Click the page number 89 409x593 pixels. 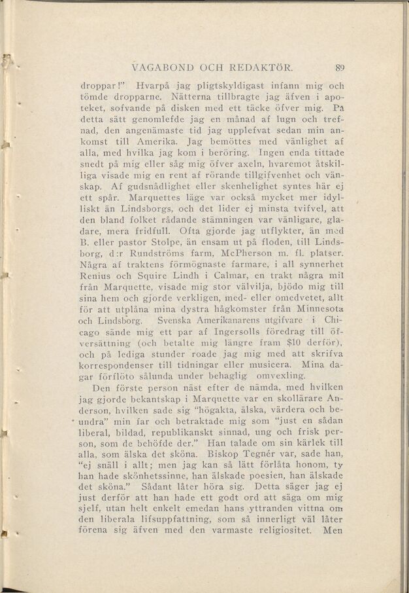pyautogui.click(x=338, y=66)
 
